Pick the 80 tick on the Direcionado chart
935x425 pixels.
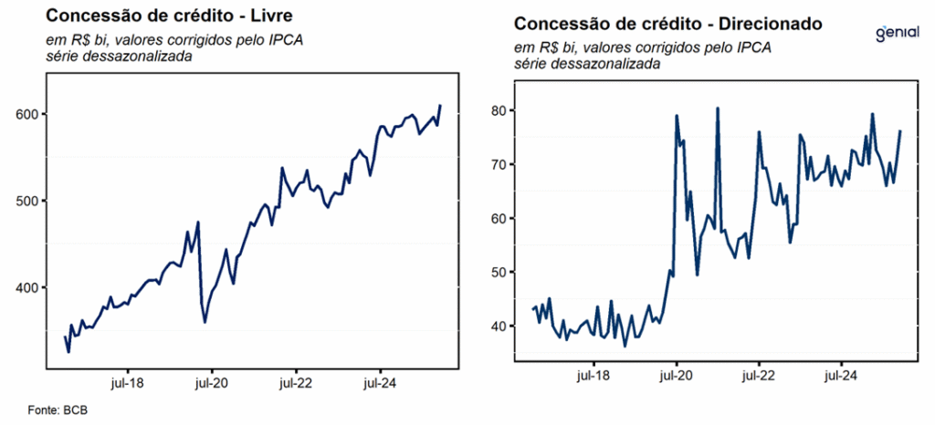[497, 111]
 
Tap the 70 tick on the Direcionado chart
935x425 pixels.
[497, 165]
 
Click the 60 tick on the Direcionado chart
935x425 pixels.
[497, 219]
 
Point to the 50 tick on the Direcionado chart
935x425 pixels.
[497, 273]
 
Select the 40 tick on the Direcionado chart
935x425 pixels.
[497, 327]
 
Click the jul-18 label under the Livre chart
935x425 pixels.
[127, 383]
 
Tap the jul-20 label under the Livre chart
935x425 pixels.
[212, 383]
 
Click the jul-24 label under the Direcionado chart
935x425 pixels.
[841, 375]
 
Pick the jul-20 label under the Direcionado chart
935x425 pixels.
[676, 375]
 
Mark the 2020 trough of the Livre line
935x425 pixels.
[205, 322]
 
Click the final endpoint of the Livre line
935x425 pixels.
[440, 106]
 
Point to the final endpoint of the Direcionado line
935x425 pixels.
[900, 131]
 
